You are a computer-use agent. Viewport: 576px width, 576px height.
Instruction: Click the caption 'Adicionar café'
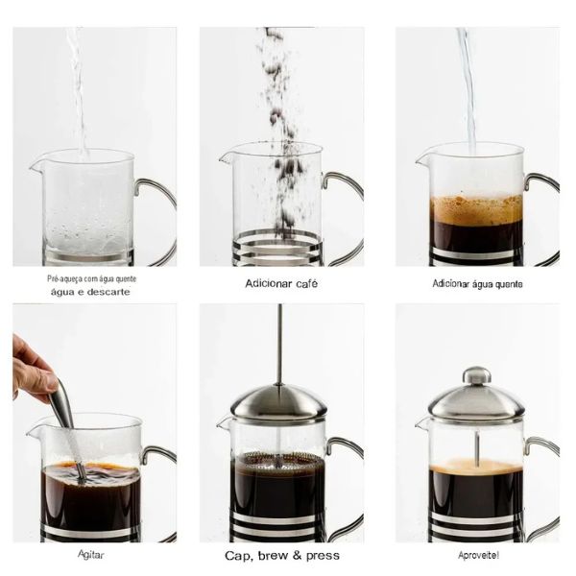(281, 283)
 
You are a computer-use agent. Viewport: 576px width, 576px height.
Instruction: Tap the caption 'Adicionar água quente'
(477, 283)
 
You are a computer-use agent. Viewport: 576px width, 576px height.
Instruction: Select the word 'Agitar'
(91, 554)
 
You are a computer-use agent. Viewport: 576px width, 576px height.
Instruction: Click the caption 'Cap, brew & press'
(281, 555)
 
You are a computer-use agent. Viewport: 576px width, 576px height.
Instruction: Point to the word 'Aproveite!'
(478, 554)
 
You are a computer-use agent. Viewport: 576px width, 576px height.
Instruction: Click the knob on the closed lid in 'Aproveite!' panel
(476, 375)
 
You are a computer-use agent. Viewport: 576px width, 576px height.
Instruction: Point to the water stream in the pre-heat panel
(77, 86)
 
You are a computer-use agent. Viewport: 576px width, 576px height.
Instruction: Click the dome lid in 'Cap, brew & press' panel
(279, 401)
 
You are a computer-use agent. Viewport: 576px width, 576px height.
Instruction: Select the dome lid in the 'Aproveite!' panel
(476, 401)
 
